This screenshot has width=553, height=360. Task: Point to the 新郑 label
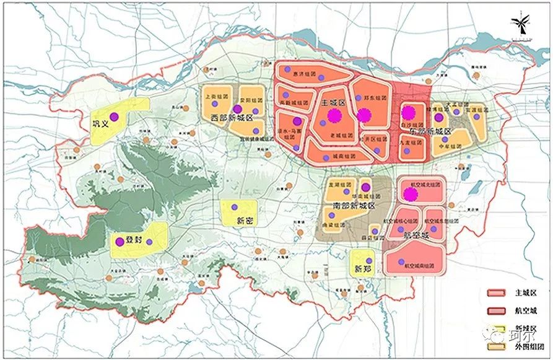click(x=362, y=269)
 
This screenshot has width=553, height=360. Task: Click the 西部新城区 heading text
click(x=232, y=118)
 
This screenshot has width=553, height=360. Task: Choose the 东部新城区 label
click(x=432, y=131)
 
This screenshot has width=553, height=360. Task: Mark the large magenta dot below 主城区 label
click(x=335, y=115)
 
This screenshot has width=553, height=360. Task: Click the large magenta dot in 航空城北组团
click(x=411, y=195)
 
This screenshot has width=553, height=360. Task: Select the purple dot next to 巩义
click(x=113, y=116)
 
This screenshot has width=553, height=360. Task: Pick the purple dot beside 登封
click(x=120, y=242)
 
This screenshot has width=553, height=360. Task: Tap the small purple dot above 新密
click(x=235, y=207)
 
